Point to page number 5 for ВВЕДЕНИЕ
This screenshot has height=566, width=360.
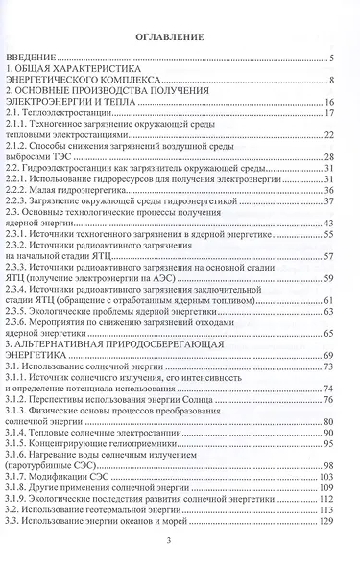point(330,59)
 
